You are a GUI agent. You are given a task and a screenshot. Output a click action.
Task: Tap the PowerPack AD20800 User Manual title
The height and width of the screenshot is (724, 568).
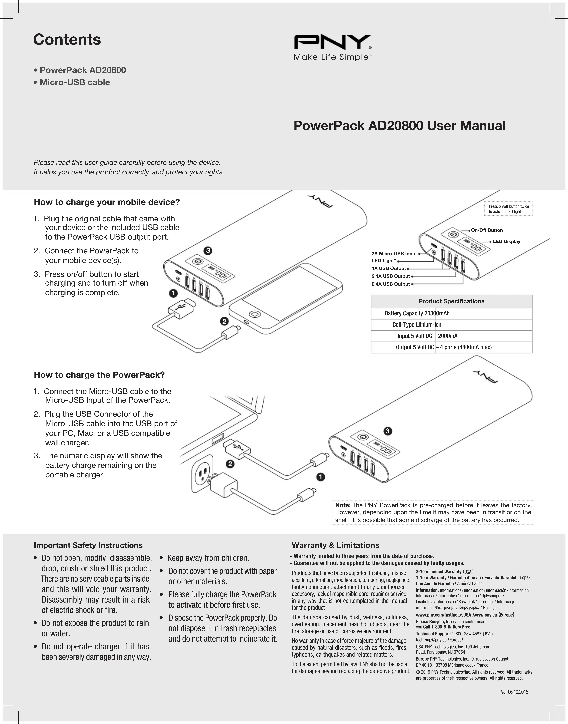pos(399,126)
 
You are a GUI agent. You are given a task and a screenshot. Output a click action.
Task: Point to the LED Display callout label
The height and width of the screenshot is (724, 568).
pos(506,241)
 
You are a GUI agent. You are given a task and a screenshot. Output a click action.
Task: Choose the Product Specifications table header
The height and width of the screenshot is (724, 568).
pos(451,301)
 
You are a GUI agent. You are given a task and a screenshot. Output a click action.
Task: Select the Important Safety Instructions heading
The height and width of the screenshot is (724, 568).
pos(88,545)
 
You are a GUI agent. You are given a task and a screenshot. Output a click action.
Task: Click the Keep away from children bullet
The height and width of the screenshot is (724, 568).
pos(208,558)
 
